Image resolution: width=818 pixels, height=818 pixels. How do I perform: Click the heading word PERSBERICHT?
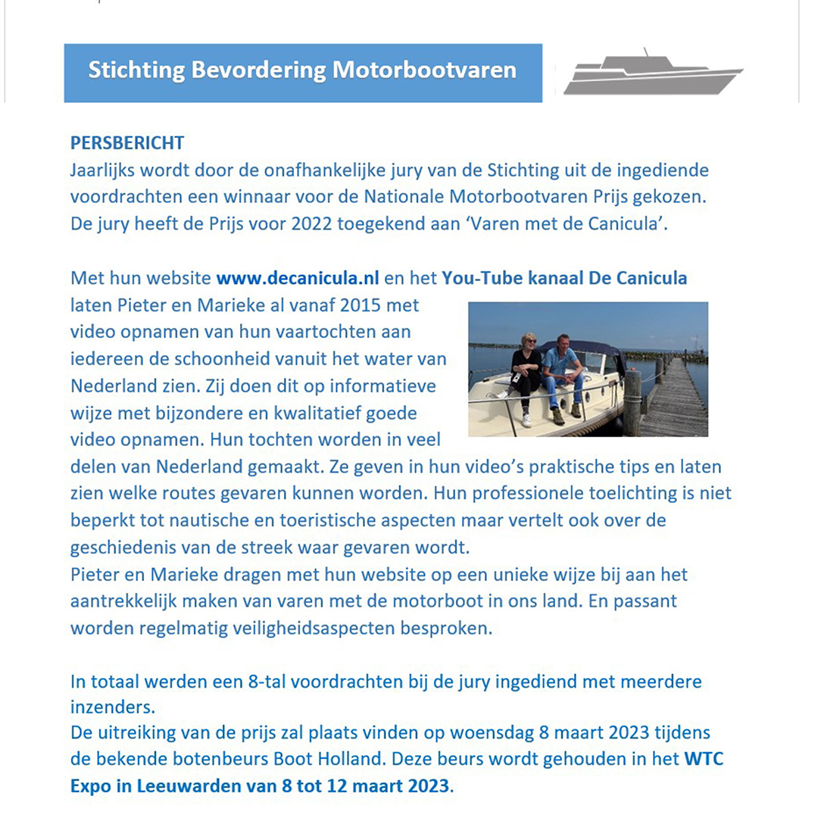coord(127,142)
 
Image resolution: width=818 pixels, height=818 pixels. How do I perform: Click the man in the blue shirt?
coord(564,371)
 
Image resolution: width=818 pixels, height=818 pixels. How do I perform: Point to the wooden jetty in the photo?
coord(670,398)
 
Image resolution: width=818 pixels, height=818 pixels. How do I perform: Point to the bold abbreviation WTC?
coord(704,758)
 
